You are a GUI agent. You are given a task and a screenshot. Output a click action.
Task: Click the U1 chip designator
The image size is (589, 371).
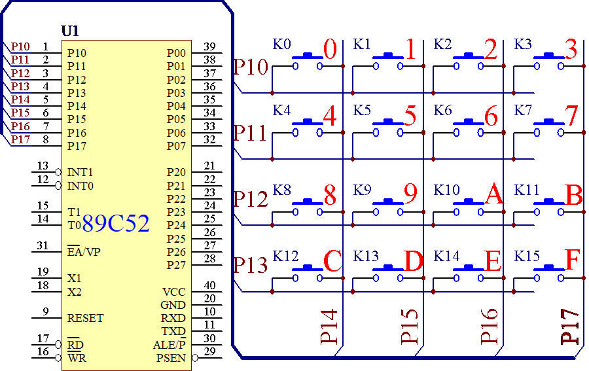70,31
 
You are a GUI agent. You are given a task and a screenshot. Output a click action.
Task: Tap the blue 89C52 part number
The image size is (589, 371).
116,223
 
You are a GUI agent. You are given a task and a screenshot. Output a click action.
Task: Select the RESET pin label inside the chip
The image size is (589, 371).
85,318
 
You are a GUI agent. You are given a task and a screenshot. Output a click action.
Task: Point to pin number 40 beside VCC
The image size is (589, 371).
209,285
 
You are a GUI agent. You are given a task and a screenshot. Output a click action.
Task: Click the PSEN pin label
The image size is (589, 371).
171,358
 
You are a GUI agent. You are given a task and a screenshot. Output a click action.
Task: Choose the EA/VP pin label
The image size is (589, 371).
84,251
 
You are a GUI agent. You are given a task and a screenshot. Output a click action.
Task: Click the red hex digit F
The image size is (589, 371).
573,259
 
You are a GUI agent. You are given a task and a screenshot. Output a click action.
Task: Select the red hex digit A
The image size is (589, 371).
493,194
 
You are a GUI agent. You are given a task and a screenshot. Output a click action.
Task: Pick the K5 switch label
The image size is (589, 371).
362,111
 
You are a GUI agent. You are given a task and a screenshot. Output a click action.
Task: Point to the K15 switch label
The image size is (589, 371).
527,256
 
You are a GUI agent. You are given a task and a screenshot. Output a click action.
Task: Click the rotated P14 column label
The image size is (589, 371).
329,327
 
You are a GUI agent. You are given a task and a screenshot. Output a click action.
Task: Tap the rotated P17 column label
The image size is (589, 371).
570,327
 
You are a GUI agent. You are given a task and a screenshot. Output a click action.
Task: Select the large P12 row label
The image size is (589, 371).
251,199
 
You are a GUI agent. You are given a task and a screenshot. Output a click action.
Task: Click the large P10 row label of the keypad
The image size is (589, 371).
251,67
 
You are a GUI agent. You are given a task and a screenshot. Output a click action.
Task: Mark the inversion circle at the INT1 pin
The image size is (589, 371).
58,172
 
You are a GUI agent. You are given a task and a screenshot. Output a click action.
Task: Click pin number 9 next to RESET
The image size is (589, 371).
45,311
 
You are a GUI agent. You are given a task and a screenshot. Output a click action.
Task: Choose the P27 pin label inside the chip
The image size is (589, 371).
176,265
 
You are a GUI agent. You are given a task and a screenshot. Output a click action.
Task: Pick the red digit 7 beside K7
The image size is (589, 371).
572,116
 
